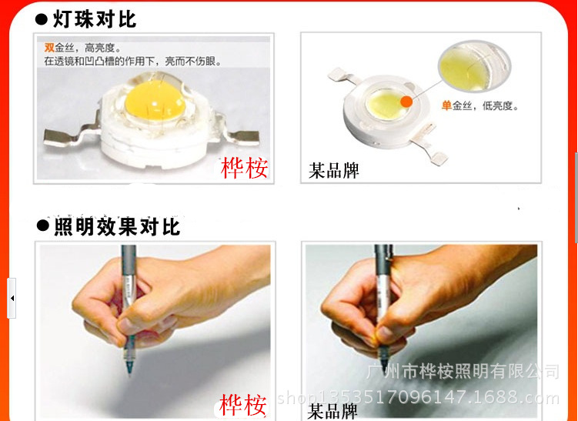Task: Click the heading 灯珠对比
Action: [95, 18]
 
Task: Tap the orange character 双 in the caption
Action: [49, 48]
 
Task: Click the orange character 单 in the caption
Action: [446, 106]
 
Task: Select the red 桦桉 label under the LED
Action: [244, 168]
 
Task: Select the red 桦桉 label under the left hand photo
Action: [242, 404]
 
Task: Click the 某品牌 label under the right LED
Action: [334, 170]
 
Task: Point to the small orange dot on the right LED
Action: [405, 100]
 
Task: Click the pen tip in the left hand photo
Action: [128, 373]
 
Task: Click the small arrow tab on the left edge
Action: [12, 298]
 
